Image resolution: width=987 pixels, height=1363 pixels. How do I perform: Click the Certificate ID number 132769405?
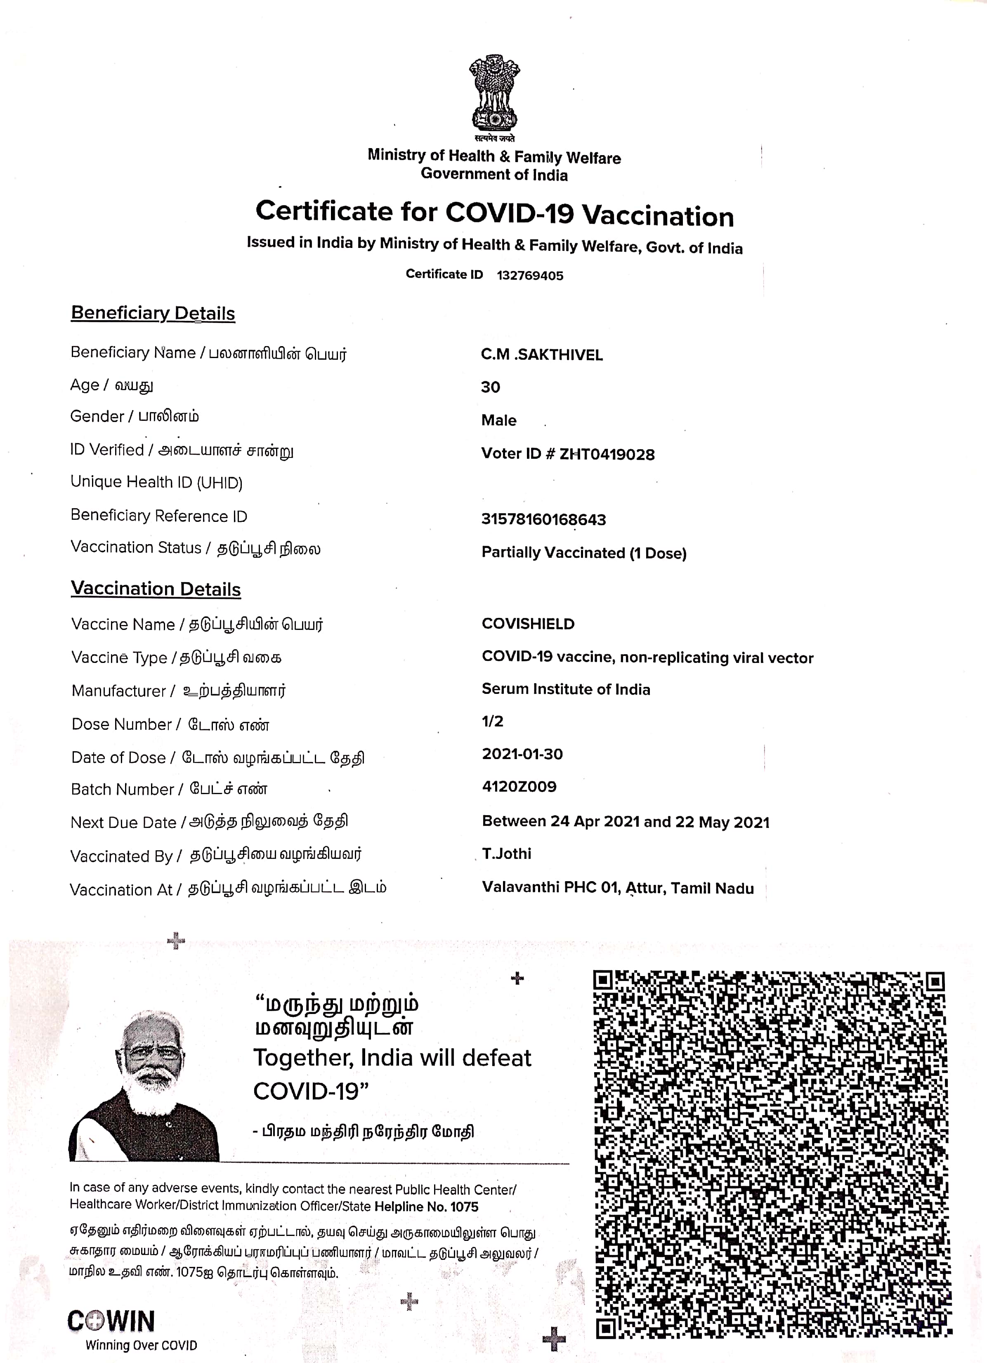529,276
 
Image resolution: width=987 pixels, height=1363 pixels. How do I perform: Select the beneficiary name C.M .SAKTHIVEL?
542,355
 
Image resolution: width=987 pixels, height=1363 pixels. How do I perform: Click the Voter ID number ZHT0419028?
607,454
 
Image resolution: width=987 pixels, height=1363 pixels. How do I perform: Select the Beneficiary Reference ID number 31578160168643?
543,519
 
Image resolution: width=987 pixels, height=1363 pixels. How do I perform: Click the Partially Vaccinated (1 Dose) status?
584,553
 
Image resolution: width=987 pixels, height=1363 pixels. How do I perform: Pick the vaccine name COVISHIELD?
528,624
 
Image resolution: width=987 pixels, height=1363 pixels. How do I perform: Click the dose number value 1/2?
492,721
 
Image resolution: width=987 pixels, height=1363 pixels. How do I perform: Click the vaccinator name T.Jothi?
507,854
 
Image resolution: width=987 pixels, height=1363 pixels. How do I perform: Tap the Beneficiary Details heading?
153,313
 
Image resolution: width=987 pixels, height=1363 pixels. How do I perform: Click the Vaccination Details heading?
156,589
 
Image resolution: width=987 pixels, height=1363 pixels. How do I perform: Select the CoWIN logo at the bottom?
112,1321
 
